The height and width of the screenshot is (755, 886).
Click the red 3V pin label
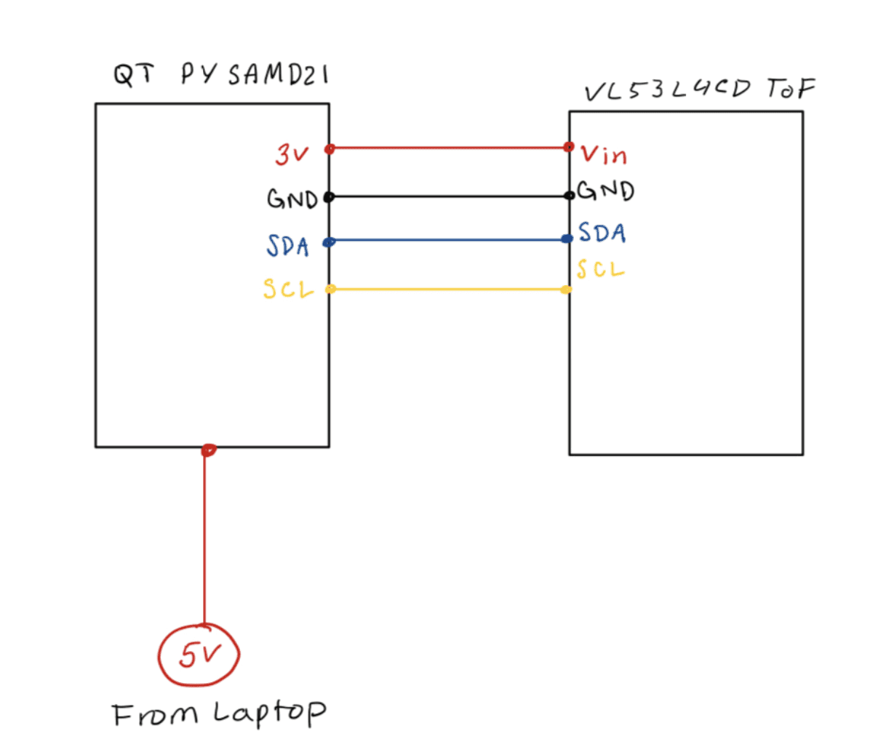click(x=292, y=154)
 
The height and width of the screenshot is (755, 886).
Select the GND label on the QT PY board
click(x=292, y=199)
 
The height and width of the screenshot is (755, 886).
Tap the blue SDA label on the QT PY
click(x=288, y=246)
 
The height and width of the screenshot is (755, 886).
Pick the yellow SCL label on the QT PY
click(x=289, y=289)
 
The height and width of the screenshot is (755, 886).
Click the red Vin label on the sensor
click(x=604, y=154)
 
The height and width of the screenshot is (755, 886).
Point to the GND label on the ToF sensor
click(x=606, y=191)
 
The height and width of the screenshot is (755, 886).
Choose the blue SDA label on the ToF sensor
click(x=602, y=233)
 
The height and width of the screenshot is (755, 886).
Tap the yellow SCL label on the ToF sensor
click(x=601, y=270)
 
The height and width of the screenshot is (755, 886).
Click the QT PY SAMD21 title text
click(x=220, y=74)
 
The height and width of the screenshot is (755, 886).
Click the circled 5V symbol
click(x=199, y=655)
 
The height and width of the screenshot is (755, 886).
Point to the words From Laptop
click(x=219, y=714)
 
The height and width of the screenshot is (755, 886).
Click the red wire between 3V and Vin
click(x=449, y=148)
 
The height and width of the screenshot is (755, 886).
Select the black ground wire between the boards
click(x=449, y=196)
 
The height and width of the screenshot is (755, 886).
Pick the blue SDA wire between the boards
click(x=449, y=240)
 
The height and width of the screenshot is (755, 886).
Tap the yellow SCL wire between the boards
click(x=449, y=289)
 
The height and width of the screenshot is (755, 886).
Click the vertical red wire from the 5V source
click(x=204, y=538)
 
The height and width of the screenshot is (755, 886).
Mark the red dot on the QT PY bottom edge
click(x=208, y=450)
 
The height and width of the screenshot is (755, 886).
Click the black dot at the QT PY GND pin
click(x=329, y=196)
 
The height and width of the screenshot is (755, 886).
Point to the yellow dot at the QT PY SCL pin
click(x=330, y=289)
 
